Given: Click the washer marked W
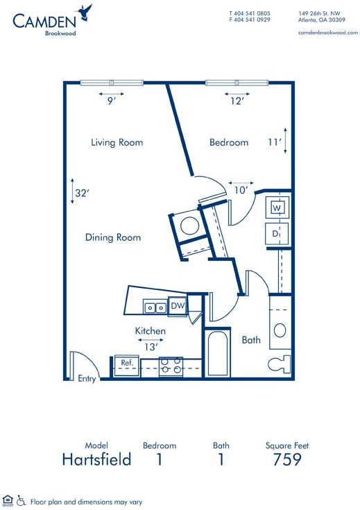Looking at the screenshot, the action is (x=277, y=208).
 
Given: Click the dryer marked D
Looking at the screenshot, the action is (x=277, y=234).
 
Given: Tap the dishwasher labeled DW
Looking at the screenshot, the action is (x=178, y=306).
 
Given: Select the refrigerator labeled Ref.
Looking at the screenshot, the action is (x=126, y=366).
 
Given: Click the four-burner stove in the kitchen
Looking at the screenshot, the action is (x=171, y=367).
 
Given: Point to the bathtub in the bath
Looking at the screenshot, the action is (x=217, y=353).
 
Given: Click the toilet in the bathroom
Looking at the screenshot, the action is (x=280, y=364).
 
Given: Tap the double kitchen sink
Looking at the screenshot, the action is (x=155, y=307).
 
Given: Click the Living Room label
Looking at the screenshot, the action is (x=117, y=142).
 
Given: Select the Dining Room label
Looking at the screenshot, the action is (x=113, y=237).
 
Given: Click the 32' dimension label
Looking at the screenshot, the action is (x=82, y=193).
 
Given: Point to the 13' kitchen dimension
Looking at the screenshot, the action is (x=151, y=348).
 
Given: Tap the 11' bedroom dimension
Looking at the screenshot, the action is (x=275, y=142).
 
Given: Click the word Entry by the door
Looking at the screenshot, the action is (x=87, y=379).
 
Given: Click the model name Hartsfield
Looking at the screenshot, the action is (x=96, y=459).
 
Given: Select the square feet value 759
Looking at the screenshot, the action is (x=287, y=459).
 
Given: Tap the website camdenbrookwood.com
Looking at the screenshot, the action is (x=328, y=33).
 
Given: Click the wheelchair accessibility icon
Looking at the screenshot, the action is (x=21, y=501).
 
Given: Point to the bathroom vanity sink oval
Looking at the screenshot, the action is (x=280, y=330).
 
